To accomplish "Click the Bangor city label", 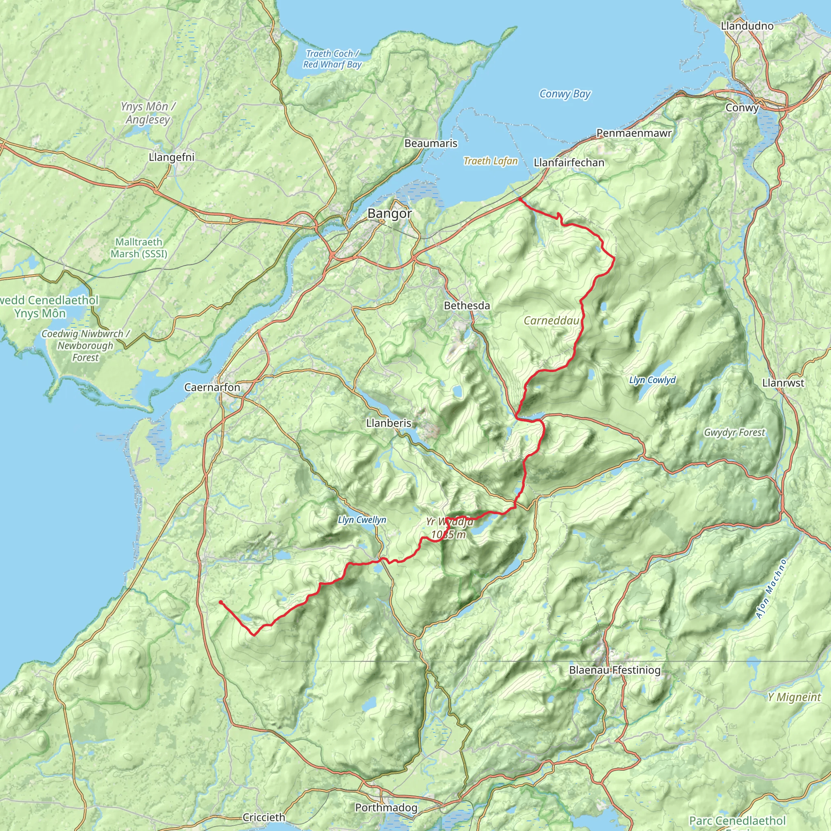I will click(389, 214).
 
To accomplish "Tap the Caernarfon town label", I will click(212, 387).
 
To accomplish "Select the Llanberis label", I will click(388, 423).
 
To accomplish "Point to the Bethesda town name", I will click(467, 306).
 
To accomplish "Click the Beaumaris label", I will click(431, 143).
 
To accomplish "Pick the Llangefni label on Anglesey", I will click(172, 157).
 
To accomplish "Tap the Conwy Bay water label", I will click(565, 94).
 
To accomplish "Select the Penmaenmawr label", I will click(633, 133).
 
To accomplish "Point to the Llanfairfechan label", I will click(568, 163).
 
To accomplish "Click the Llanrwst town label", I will click(783, 383).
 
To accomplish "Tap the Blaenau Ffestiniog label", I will click(615, 670).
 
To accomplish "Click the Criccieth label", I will click(264, 817).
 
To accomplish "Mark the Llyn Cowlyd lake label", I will click(652, 380).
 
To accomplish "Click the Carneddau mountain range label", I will click(551, 321).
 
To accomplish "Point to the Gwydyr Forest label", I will click(734, 432).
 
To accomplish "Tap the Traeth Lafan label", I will click(490, 161).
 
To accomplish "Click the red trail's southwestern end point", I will click(221, 602).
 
